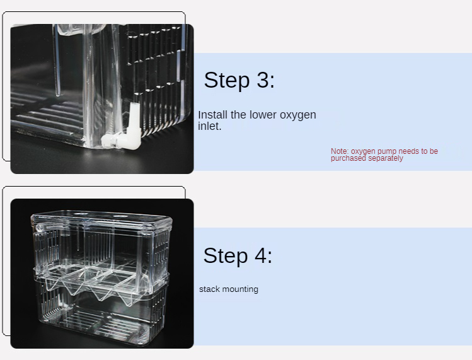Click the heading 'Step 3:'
(239, 80)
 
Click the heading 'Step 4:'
(238, 255)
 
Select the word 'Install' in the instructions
(213, 115)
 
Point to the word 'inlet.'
(209, 126)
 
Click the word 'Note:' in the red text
(340, 151)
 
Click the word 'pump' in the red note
(386, 151)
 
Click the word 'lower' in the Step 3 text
(263, 115)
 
